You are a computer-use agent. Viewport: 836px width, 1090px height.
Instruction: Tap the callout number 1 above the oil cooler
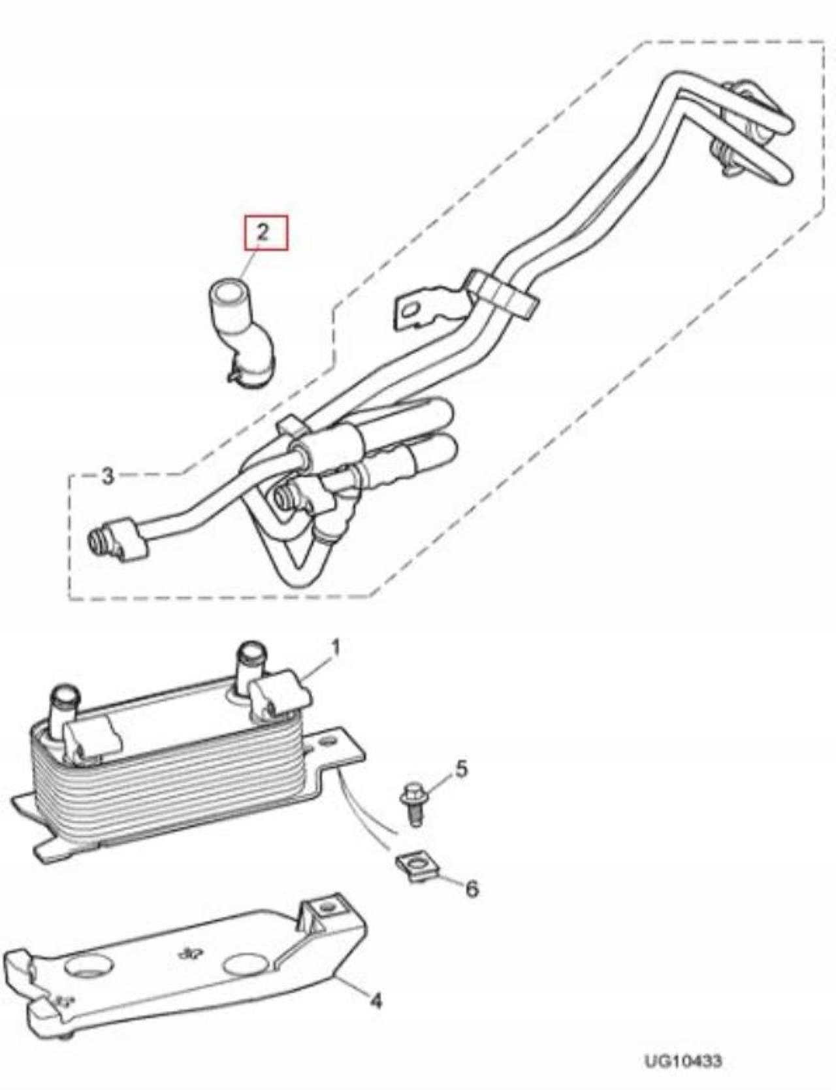[x=336, y=648]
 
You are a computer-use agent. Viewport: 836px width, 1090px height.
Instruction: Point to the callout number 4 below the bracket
[x=376, y=1000]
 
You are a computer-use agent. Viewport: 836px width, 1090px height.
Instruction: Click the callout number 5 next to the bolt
[x=461, y=768]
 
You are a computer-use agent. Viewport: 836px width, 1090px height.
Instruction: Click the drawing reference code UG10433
[x=683, y=1061]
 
